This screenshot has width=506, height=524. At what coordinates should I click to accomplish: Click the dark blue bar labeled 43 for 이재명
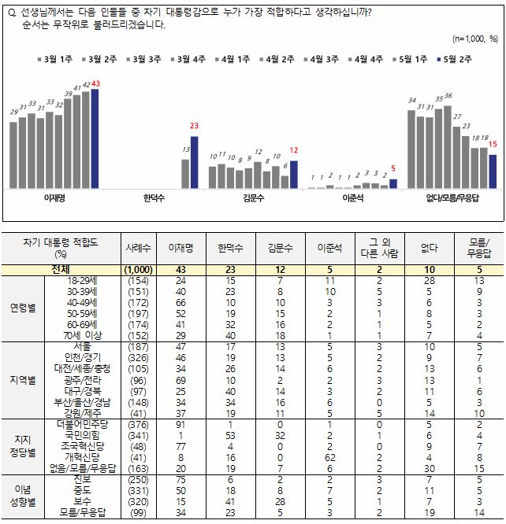95,138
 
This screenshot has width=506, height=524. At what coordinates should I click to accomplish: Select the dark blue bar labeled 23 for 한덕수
195,162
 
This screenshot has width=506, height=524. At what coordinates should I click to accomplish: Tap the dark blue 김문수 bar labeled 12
294,174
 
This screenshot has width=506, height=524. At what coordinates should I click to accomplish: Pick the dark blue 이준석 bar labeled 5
393,183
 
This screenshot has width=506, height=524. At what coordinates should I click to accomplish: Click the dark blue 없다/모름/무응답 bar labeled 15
493,171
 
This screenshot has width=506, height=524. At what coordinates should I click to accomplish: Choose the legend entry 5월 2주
453,58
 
